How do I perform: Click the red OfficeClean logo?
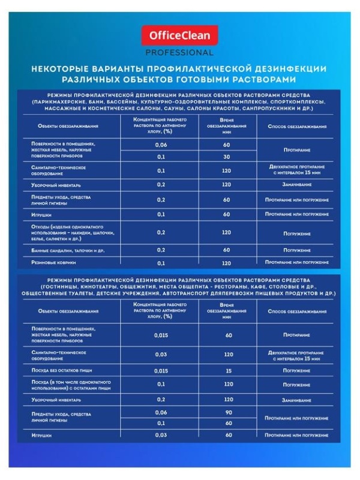tap(179, 38)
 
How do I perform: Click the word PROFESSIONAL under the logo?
tap(179, 52)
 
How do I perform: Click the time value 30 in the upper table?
tap(227, 157)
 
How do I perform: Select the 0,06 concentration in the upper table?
tap(161, 145)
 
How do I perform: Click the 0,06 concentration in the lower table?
tap(161, 412)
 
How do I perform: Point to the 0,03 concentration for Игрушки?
tap(161, 434)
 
